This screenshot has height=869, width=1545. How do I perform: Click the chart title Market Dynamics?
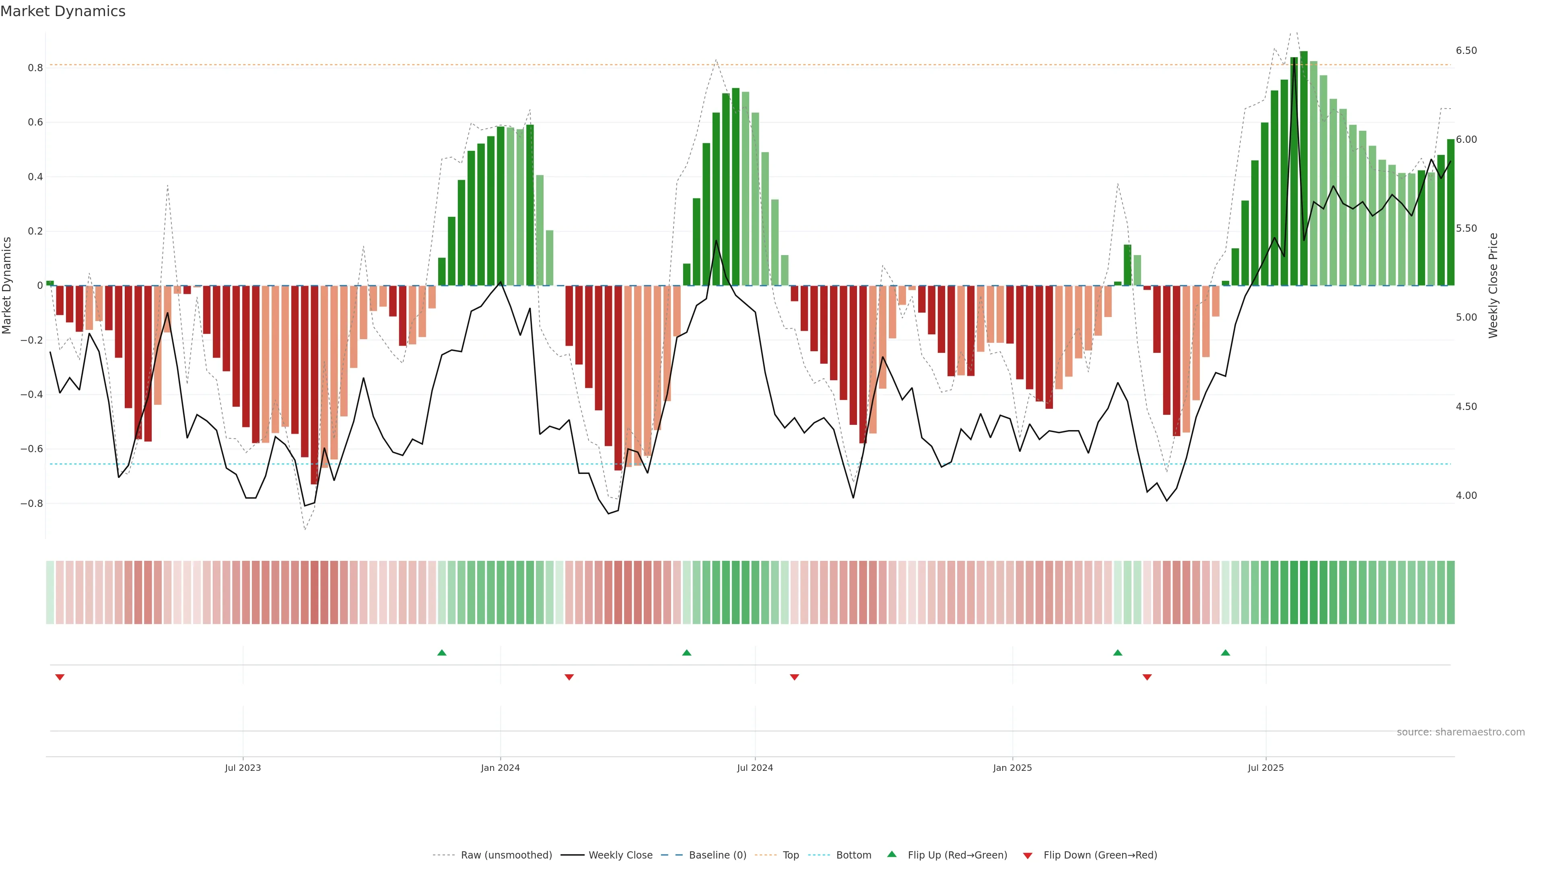tap(63, 11)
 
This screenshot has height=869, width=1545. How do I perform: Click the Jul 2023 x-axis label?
tap(243, 768)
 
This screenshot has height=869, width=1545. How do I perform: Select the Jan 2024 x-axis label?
tap(500, 768)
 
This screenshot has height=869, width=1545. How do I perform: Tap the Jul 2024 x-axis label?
tap(755, 768)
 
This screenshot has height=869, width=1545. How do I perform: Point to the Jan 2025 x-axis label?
tap(1012, 768)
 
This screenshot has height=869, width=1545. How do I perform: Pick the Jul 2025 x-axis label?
tap(1265, 768)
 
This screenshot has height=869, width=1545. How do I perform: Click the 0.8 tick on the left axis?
tap(35, 68)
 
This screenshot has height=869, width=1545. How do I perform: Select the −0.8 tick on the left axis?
tap(32, 504)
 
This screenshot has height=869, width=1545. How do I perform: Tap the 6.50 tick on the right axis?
tap(1467, 50)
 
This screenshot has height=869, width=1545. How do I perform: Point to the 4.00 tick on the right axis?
tap(1467, 495)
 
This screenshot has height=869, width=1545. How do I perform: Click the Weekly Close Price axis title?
tap(1493, 286)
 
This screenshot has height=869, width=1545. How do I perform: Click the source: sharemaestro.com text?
tap(1461, 732)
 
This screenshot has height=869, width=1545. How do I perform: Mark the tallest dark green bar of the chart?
tap(1304, 168)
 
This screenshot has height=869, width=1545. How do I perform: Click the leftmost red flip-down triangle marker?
tap(60, 677)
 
